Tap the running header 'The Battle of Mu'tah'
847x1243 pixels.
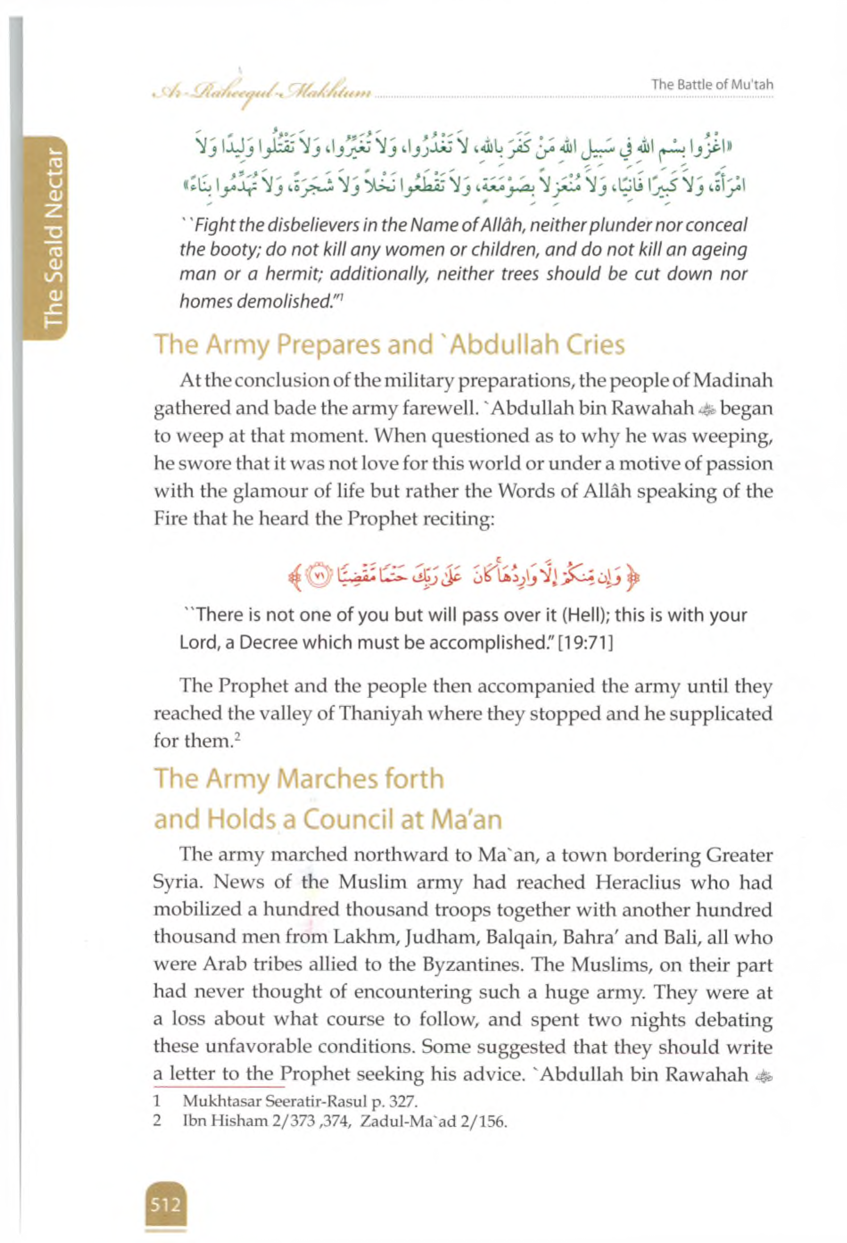click(x=712, y=85)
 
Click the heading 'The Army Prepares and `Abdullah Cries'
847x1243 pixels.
click(x=389, y=345)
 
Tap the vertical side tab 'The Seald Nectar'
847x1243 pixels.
click(x=54, y=236)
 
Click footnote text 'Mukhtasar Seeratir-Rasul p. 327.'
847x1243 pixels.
click(x=299, y=1102)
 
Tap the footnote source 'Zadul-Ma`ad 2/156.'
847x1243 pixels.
click(x=434, y=1122)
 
